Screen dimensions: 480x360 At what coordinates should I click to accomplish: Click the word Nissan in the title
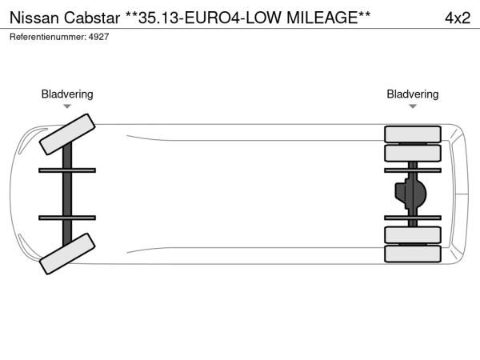click(34, 18)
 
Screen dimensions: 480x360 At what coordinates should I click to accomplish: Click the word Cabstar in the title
click(92, 18)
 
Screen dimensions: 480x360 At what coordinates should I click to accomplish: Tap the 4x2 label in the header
click(458, 18)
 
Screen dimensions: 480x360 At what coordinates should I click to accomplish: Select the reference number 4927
click(98, 37)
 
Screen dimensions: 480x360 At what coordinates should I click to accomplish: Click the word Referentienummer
click(48, 37)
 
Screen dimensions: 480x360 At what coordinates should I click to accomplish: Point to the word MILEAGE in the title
click(322, 18)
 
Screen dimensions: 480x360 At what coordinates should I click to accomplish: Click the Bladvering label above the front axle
click(67, 94)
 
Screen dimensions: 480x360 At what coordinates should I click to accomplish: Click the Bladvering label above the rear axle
click(413, 94)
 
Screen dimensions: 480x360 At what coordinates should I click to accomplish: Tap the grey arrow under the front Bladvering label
click(67, 106)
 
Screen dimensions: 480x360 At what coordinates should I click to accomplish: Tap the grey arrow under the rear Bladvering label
click(413, 106)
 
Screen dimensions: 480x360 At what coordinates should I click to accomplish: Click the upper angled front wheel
click(67, 134)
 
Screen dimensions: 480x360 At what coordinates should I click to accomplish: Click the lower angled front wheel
click(67, 254)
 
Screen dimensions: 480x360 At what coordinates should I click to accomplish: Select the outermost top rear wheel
click(413, 134)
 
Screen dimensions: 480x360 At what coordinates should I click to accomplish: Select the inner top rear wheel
click(413, 153)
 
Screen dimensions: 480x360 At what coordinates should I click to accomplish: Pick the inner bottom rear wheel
click(413, 234)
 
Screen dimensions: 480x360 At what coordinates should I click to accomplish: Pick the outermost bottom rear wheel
click(413, 254)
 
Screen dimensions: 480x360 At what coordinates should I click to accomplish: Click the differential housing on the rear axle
click(410, 194)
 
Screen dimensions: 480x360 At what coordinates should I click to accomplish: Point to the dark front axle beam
click(67, 194)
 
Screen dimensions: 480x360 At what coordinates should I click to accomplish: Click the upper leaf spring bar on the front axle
click(67, 170)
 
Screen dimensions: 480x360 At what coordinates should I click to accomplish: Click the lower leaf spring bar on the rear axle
click(413, 218)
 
